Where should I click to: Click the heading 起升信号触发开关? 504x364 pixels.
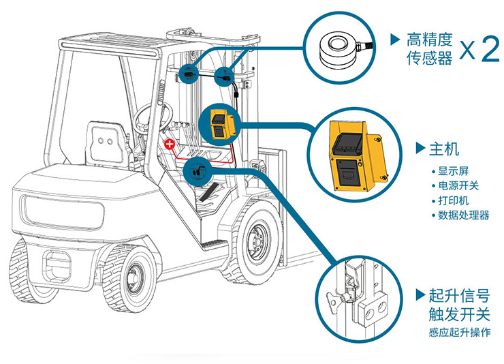458,305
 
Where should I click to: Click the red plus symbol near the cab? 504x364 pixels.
171,144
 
